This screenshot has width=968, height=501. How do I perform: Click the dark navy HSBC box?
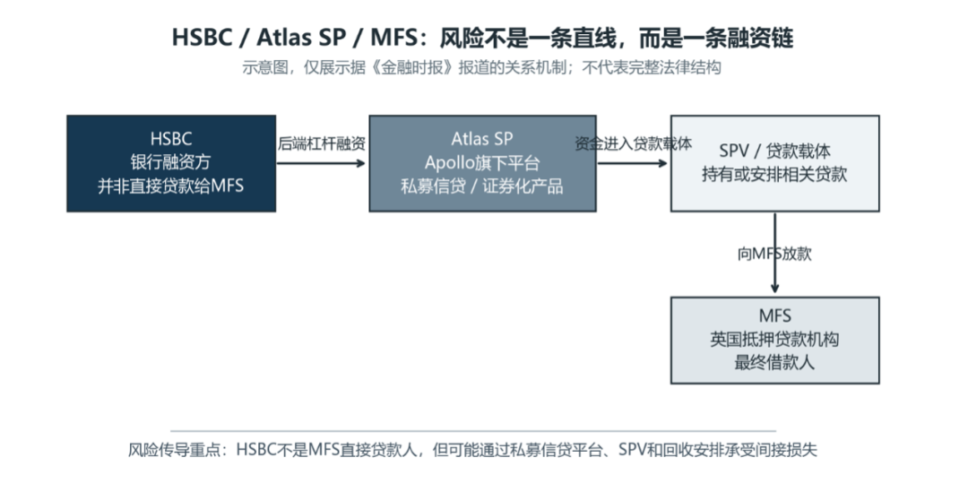pyautogui.click(x=171, y=163)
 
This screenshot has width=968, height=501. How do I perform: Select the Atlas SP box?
pyautogui.click(x=482, y=163)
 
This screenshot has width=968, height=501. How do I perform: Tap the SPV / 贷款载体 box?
pyautogui.click(x=774, y=163)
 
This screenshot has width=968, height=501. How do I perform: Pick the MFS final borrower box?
pyautogui.click(x=774, y=340)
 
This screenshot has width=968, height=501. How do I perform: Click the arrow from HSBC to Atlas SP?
pyautogui.click(x=321, y=163)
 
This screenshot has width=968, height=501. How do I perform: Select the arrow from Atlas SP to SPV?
pyautogui.click(x=633, y=163)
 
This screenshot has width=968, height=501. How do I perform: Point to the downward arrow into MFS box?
pyautogui.click(x=774, y=253)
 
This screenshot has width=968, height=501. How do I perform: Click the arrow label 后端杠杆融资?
pyautogui.click(x=321, y=143)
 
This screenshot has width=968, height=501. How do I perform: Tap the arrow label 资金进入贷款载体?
pyautogui.click(x=634, y=143)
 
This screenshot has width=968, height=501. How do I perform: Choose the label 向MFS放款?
pyautogui.click(x=774, y=254)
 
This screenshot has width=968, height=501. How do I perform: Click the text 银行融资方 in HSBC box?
pyautogui.click(x=171, y=162)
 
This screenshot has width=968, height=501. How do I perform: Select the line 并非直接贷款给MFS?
pyautogui.click(x=171, y=186)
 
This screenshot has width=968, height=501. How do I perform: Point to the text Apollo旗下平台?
pyautogui.click(x=482, y=163)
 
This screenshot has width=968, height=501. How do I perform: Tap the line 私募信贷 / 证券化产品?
pyautogui.click(x=482, y=186)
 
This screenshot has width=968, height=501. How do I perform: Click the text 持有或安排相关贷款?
pyautogui.click(x=774, y=174)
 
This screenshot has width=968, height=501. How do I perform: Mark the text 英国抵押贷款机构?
pyautogui.click(x=774, y=340)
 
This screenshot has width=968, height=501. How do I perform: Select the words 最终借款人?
pyautogui.click(x=774, y=362)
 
